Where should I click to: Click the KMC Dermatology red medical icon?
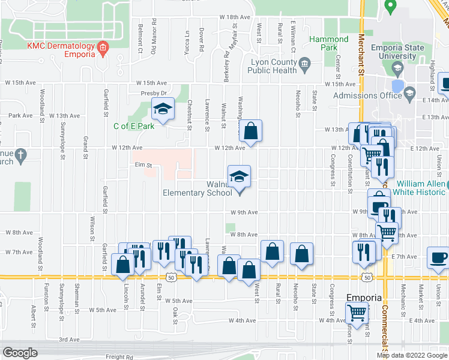103,47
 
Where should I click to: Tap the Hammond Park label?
328,44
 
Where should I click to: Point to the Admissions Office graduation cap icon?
410,92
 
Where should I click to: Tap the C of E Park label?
134,126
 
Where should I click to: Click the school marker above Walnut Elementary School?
239,177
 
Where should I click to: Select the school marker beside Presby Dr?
162,109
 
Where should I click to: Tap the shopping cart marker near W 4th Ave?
357,312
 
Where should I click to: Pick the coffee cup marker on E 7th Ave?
438,258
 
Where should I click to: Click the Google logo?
20,353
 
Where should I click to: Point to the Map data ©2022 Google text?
412,355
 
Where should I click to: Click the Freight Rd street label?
121,356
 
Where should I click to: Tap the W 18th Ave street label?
234,18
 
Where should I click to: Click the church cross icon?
20,155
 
